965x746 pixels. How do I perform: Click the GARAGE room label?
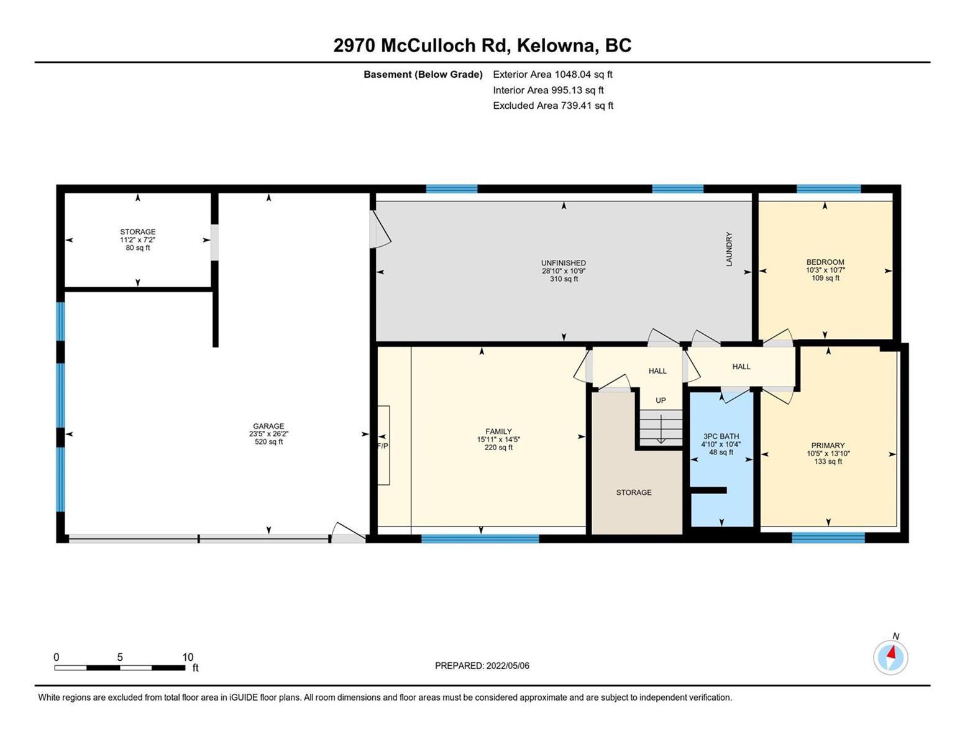(268, 426)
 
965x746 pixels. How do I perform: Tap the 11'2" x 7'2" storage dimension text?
(138, 240)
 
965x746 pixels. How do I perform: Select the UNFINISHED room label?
(564, 263)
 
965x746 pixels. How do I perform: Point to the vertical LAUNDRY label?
(729, 249)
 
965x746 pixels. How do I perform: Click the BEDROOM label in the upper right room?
(825, 262)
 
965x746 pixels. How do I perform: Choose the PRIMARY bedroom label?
(828, 445)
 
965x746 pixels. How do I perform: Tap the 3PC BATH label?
(721, 436)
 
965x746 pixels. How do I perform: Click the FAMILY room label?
(498, 431)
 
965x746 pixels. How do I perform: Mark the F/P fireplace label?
(383, 446)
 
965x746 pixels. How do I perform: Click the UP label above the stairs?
(661, 400)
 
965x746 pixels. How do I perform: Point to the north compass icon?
(890, 656)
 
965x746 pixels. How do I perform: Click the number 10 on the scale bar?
(188, 657)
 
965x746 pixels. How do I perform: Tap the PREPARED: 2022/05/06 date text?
(482, 666)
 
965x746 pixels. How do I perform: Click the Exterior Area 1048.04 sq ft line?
(552, 75)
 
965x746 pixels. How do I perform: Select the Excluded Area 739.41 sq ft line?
(553, 106)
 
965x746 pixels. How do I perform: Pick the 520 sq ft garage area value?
(268, 441)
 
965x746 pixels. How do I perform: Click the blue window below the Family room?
(480, 539)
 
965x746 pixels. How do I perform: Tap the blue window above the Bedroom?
(829, 189)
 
